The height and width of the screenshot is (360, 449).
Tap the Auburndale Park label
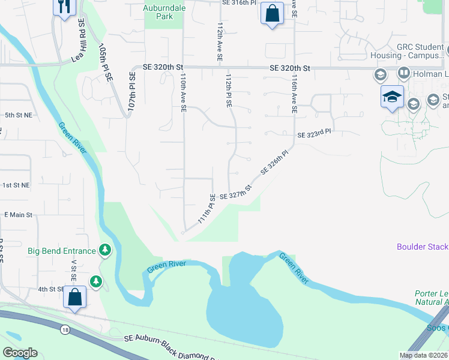pyautogui.click(x=158, y=12)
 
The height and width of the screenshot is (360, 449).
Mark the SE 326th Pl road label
pyautogui.click(x=275, y=162)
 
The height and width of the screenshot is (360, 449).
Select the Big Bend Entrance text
pyautogui.click(x=62, y=251)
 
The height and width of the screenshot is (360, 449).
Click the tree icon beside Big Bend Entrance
pyautogui.click(x=106, y=249)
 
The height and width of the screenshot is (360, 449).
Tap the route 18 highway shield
pyautogui.click(x=64, y=329)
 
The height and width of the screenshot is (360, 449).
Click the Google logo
pyautogui.click(x=20, y=353)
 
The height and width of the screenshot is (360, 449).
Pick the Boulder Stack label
pyautogui.click(x=422, y=247)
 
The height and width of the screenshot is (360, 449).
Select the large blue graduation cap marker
pyautogui.click(x=391, y=96)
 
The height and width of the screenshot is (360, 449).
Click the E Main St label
pyautogui.click(x=17, y=214)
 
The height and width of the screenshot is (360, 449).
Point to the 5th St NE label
pyautogui.click(x=17, y=114)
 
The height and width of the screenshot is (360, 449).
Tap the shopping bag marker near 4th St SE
pyautogui.click(x=74, y=298)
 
